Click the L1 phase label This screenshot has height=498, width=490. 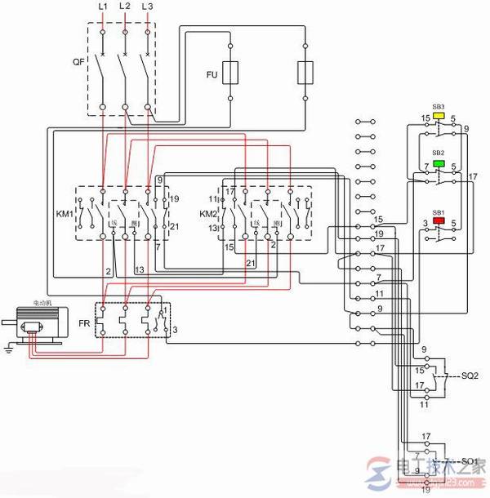click(x=102, y=7)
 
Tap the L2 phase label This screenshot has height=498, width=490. click(x=125, y=7)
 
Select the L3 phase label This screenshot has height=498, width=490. click(x=147, y=7)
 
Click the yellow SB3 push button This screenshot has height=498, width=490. click(x=439, y=116)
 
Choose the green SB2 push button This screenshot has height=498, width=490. click(x=439, y=163)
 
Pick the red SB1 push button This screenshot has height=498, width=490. click(x=439, y=220)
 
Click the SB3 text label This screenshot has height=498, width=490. click(x=439, y=107)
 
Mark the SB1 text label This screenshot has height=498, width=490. click(x=439, y=211)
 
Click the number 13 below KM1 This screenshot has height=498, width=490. click(x=140, y=269)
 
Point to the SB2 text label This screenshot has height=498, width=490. click(x=439, y=153)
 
